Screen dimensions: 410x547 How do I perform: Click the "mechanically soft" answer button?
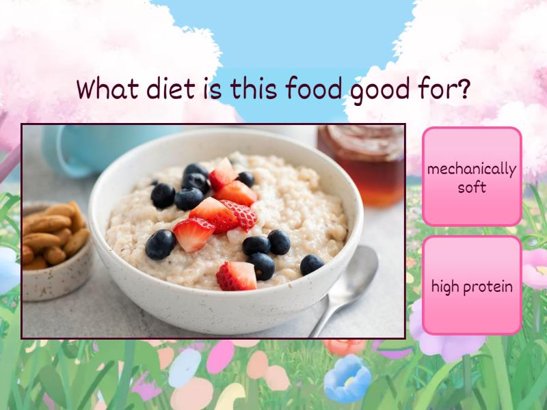click(x=472, y=176)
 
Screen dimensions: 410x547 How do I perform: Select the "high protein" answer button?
click(x=472, y=286)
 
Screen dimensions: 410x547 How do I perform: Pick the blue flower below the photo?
click(x=347, y=379)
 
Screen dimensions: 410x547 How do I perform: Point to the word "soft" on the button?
click(x=472, y=187)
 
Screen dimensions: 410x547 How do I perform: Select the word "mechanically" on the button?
click(x=472, y=169)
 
